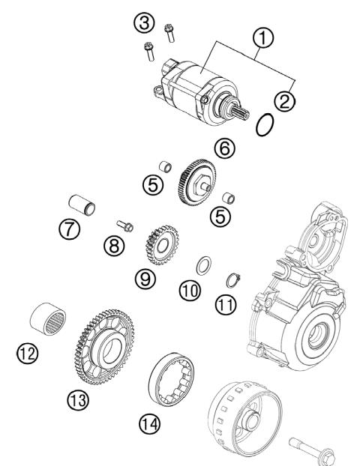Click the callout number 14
tap(149, 425)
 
